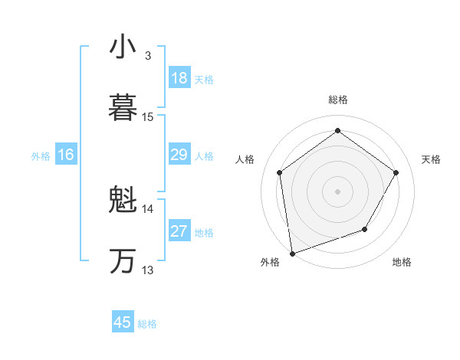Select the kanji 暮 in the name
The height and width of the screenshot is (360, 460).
[123, 108]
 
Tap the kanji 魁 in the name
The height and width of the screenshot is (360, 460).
[123, 201]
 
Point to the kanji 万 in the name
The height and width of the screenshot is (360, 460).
[123, 261]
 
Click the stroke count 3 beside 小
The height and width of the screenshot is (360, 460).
[148, 56]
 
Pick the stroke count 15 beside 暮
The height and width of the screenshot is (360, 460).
[148, 117]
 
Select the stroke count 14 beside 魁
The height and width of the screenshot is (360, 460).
[148, 208]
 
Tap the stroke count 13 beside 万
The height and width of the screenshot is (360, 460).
[148, 270]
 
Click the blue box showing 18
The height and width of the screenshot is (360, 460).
[179, 78]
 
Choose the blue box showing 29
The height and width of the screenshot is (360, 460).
[179, 155]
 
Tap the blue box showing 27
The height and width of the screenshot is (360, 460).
[179, 231]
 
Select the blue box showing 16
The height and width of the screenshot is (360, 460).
[65, 155]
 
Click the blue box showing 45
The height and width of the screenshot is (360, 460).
[123, 322]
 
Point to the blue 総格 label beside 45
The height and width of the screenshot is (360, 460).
[147, 324]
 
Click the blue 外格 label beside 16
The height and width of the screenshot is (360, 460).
[41, 156]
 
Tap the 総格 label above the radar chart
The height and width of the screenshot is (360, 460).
[337, 100]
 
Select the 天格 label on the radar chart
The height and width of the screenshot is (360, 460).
[431, 159]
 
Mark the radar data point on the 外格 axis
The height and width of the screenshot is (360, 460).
[292, 252]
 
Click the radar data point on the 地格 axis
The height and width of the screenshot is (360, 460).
[365, 228]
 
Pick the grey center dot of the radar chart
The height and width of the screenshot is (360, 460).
[337, 191]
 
